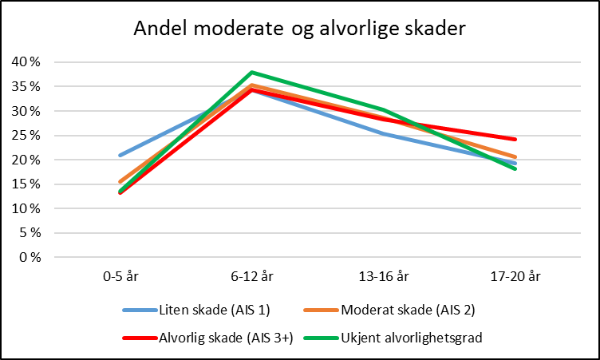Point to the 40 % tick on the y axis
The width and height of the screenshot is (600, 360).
[25, 62]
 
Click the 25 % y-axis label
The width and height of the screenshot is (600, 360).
[25, 136]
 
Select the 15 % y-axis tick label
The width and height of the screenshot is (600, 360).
[25, 184]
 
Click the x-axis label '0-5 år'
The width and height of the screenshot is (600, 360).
[120, 277]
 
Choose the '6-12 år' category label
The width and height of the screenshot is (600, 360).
[251, 277]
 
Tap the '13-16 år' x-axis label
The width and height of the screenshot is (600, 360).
[384, 277]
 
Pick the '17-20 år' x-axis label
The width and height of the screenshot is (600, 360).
[515, 277]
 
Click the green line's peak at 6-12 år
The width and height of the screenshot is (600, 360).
[251, 72]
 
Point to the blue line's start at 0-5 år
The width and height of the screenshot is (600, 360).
[120, 155]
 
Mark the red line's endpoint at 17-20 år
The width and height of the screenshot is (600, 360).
[515, 139]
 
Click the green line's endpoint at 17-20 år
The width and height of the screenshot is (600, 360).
[515, 168]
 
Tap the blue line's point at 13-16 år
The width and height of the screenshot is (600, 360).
[384, 133]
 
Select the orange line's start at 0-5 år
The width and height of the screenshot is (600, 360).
[120, 182]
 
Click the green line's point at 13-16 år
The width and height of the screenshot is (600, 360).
[384, 109]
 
